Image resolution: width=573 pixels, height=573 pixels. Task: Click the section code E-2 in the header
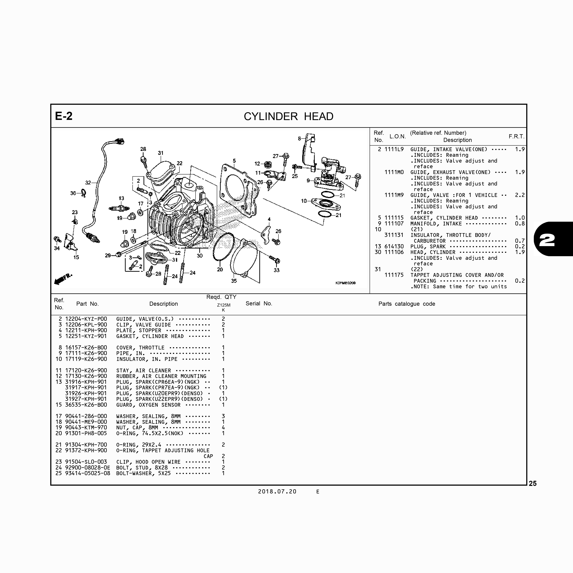point(64,116)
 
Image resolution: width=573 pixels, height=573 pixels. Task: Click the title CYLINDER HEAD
point(289,116)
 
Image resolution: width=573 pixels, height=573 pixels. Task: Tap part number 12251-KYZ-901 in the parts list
point(86,336)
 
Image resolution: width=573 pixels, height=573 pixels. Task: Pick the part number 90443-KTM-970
point(86,428)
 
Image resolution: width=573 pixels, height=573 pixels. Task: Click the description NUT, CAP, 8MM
point(137,428)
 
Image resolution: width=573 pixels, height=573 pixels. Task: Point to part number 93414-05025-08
point(87,473)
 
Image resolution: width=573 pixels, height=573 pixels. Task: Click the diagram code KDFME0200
point(346,283)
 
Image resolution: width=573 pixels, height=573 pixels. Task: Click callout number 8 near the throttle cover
point(299,139)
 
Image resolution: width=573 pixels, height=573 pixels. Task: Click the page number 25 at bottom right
point(533,483)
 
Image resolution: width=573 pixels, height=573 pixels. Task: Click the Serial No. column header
point(259,303)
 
